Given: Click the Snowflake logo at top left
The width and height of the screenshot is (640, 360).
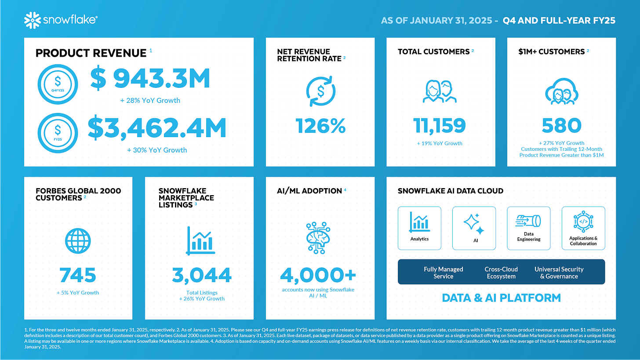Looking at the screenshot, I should tap(61, 19).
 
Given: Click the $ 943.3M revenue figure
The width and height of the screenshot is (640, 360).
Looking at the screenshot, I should tap(150, 79).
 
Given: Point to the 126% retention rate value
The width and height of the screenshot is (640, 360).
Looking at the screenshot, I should tap(320, 127).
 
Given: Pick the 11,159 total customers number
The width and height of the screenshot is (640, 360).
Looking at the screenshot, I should tap(440, 125).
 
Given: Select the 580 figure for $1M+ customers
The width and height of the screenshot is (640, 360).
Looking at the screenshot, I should tap(561, 125).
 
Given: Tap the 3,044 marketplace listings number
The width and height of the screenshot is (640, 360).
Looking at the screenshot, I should tap(202, 275).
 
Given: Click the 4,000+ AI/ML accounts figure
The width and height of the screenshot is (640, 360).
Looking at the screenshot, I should tap(318, 275).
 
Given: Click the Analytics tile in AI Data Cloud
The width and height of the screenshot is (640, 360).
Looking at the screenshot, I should tap(419, 228).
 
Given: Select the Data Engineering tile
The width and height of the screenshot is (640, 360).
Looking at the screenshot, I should tap(528, 228).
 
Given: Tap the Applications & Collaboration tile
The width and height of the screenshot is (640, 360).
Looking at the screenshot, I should tap(583, 228).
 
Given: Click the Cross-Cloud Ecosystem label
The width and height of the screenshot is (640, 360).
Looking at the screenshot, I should tap(501, 273).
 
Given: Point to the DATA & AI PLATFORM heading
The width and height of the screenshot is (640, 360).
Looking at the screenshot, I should tap(501, 298).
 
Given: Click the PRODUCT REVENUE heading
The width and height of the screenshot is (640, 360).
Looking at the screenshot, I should tap(91, 53).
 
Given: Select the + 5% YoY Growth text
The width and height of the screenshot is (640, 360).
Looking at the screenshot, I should tap(78, 293).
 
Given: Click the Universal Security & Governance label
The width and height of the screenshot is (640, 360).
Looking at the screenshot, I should tap(559, 273).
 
